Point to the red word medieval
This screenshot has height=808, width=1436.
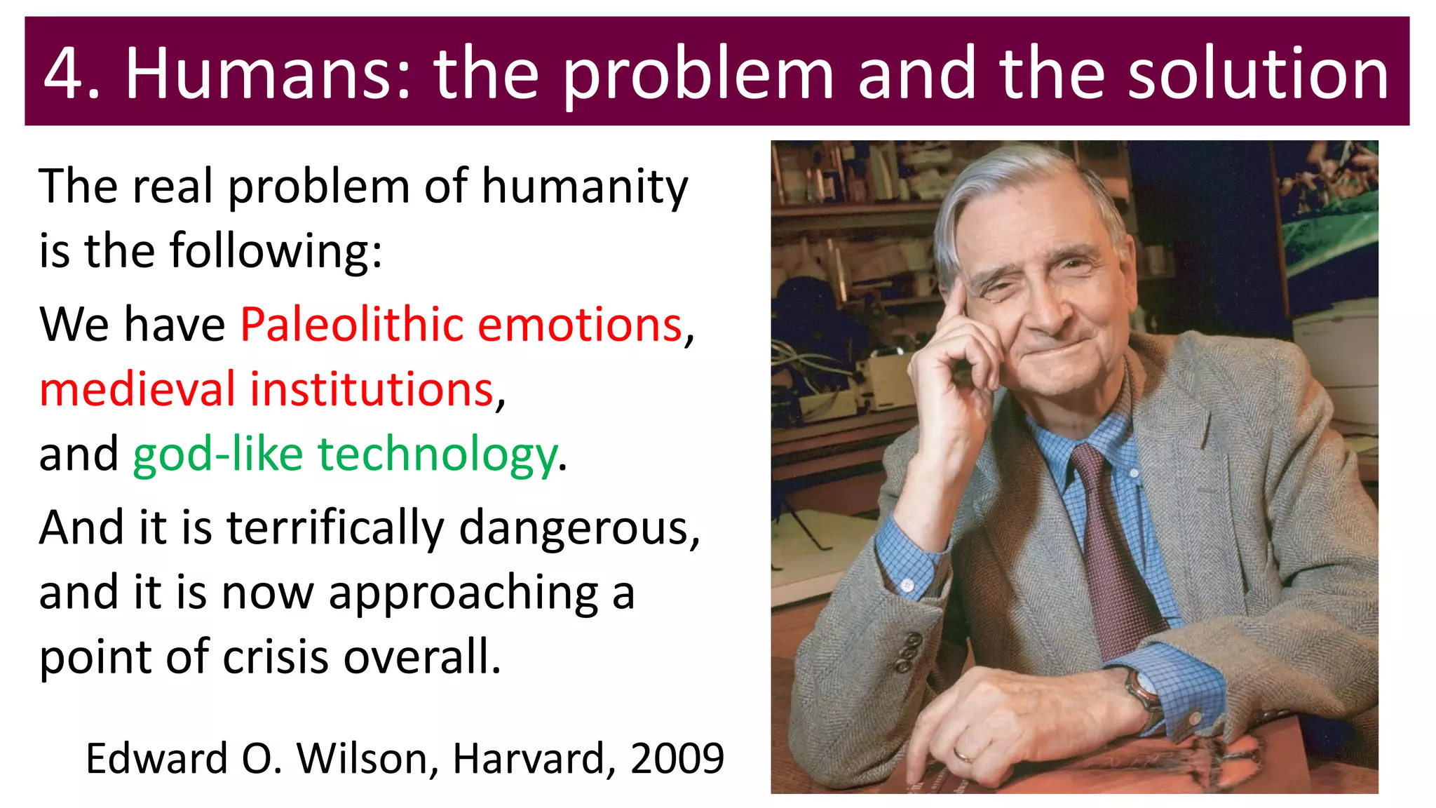click(137, 389)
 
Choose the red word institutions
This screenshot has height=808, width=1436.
click(372, 389)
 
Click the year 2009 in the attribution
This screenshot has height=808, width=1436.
click(677, 758)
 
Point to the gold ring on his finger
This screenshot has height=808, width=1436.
click(963, 755)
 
